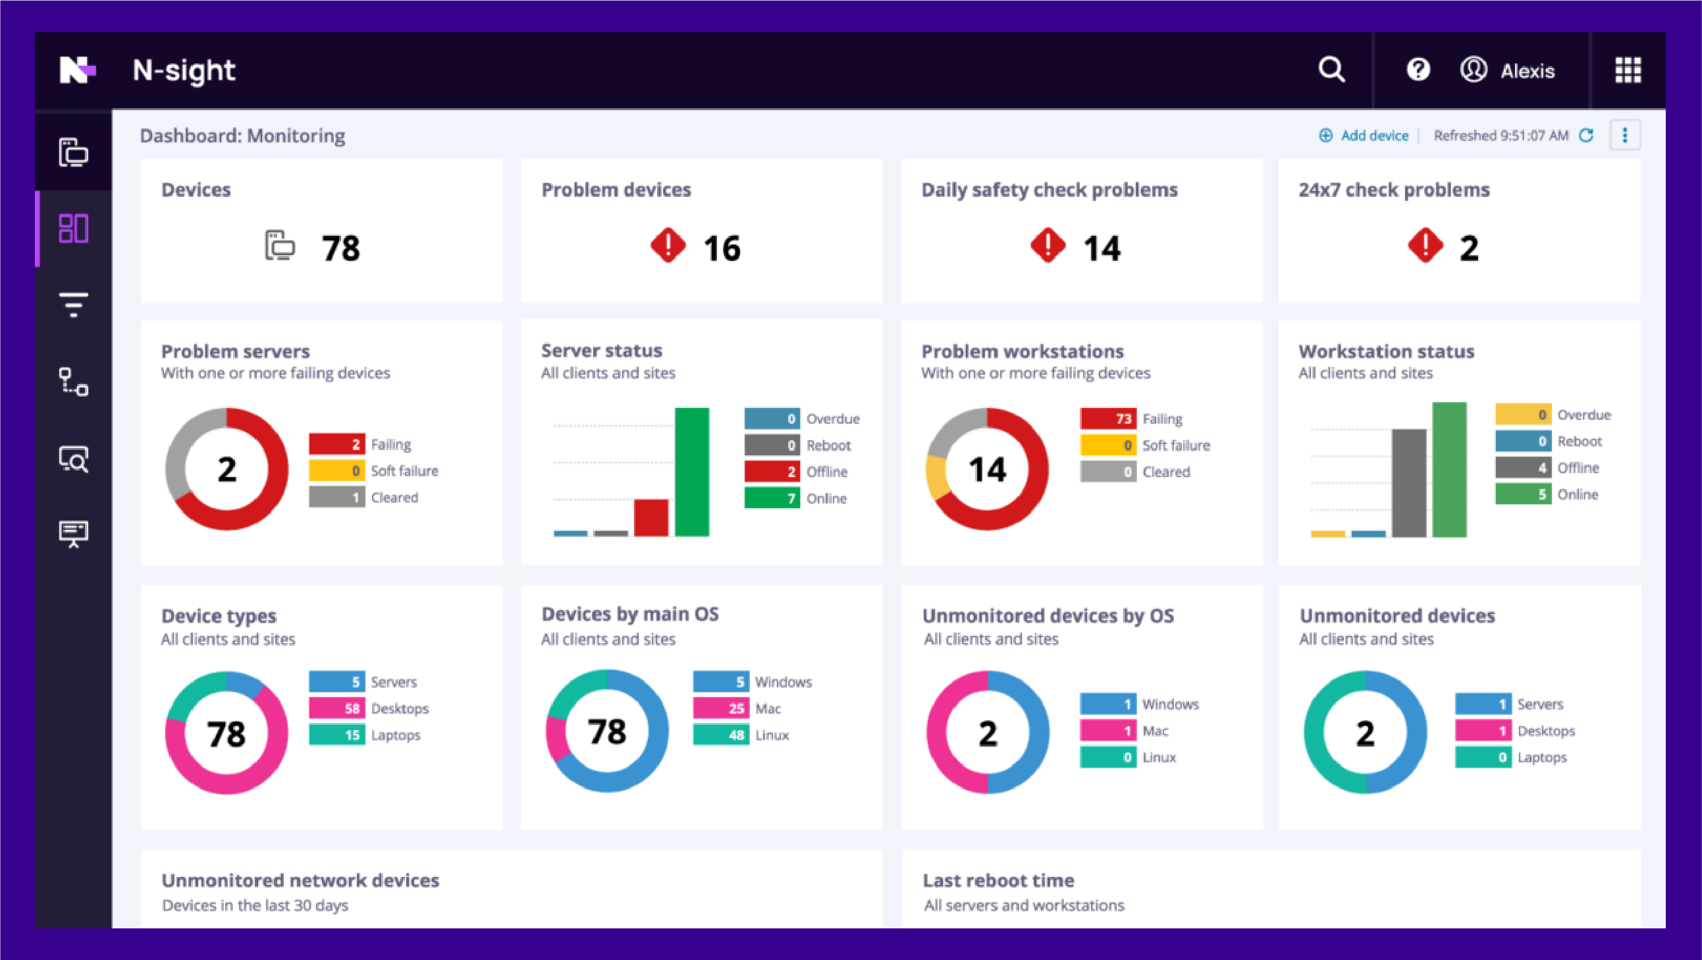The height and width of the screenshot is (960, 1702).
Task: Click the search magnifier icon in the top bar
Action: point(1331,69)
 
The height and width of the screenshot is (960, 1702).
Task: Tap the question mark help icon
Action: point(1418,69)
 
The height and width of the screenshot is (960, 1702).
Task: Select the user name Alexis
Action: point(1527,71)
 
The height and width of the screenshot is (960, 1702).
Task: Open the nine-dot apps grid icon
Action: point(1628,69)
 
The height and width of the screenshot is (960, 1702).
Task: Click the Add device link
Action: point(1373,136)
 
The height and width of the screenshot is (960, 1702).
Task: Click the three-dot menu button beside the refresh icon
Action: point(1625,135)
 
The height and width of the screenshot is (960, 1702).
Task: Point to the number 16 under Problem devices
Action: point(722,248)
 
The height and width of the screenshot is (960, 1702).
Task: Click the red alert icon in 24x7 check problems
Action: point(1425,246)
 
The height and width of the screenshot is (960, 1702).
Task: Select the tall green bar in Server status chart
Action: point(691,471)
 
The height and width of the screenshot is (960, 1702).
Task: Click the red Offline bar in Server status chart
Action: point(651,517)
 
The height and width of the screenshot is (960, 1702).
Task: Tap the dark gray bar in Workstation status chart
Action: point(1408,483)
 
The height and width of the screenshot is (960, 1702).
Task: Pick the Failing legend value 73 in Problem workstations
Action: point(1109,418)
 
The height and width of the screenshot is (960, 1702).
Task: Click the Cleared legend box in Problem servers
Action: point(337,497)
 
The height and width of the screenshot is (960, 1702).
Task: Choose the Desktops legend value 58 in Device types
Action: point(337,708)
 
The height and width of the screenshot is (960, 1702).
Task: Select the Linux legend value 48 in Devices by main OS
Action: point(721,735)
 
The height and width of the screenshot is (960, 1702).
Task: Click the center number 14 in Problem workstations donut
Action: point(987,469)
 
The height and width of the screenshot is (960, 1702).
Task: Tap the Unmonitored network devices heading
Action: point(300,880)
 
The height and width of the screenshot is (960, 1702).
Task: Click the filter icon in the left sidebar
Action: point(73,305)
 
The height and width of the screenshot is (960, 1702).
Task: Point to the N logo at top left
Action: point(77,69)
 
